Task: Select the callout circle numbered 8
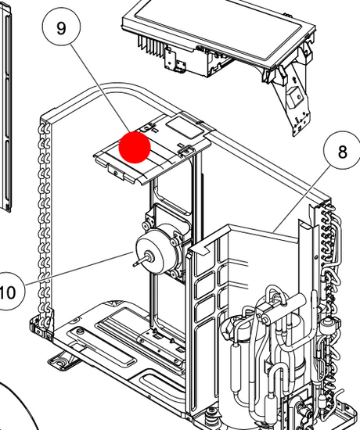tap(343, 151)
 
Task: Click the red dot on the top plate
tap(135, 147)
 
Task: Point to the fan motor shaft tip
tap(134, 265)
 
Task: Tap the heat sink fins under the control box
tap(150, 45)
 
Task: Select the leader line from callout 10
tap(79, 269)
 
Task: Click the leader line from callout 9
tap(100, 88)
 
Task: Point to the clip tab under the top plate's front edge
tap(116, 170)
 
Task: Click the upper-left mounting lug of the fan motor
tap(145, 225)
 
